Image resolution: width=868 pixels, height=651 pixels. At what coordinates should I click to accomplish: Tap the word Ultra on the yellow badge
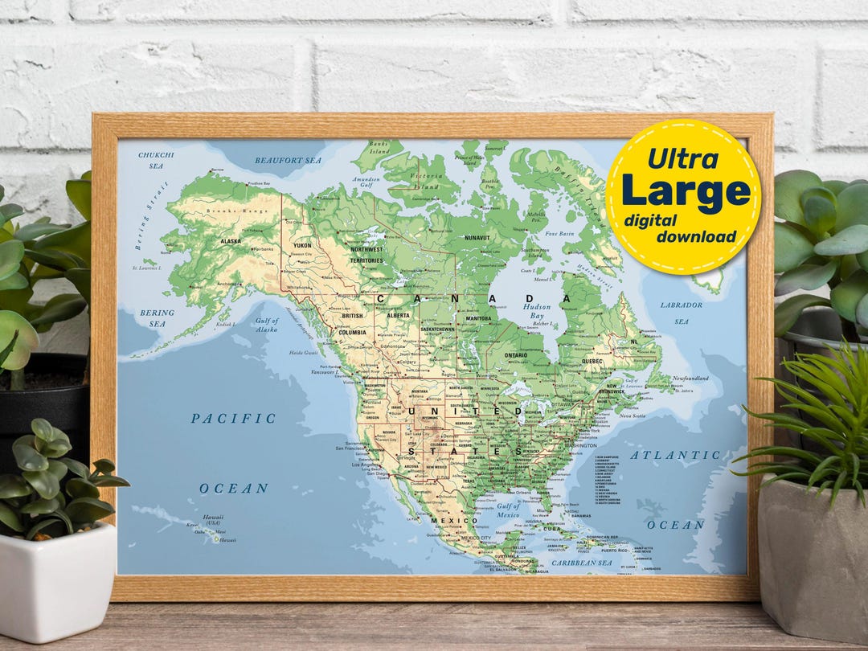(x=682, y=158)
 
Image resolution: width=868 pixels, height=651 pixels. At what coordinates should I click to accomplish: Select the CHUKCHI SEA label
(x=155, y=160)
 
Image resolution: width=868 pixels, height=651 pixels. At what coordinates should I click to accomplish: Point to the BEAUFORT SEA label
(x=288, y=161)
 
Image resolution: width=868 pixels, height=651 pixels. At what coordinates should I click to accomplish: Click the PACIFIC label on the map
(x=233, y=419)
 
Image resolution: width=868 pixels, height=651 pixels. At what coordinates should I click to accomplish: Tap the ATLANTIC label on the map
(x=664, y=455)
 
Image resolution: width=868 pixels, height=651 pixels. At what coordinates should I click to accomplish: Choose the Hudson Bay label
(x=537, y=311)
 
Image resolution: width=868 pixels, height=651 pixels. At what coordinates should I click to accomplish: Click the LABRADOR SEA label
(x=681, y=313)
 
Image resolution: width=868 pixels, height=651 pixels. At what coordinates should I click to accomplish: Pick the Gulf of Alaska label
(x=266, y=325)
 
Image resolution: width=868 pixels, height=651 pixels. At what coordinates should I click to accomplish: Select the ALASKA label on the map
(x=231, y=241)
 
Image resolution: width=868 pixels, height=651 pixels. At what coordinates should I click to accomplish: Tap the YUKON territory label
(x=302, y=245)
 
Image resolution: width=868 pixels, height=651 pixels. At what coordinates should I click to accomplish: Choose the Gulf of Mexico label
(x=508, y=510)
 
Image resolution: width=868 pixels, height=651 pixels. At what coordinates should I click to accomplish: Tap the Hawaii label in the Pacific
(x=213, y=518)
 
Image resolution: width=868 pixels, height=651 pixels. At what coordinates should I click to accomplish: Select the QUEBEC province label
(x=591, y=362)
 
